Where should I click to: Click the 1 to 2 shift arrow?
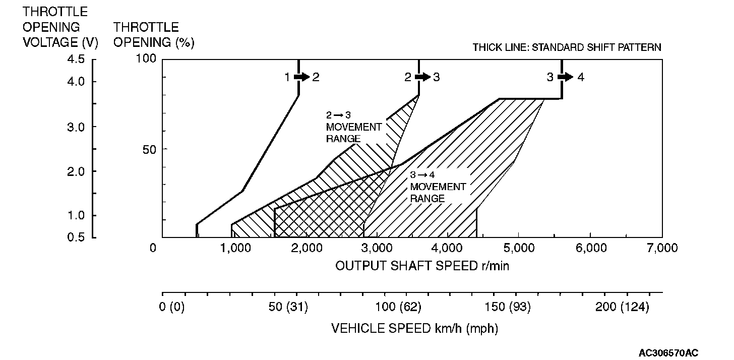[301, 77]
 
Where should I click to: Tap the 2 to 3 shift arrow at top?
[422, 77]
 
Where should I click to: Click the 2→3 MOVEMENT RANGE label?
[353, 127]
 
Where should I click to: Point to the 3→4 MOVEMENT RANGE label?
[438, 187]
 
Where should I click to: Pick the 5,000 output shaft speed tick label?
[519, 248]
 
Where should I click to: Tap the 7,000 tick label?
[662, 248]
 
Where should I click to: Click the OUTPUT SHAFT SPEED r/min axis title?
[422, 266]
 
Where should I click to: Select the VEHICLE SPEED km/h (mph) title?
[414, 329]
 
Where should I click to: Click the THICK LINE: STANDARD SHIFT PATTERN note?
[567, 47]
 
